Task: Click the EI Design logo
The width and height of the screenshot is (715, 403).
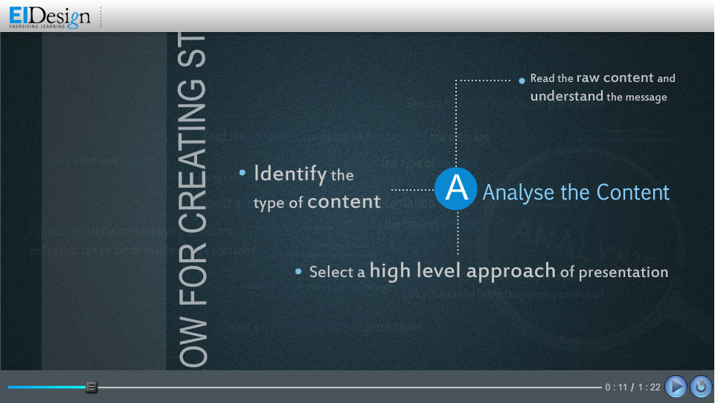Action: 50,16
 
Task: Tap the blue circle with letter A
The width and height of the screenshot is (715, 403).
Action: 456,188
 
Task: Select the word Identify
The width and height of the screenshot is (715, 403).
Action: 290,174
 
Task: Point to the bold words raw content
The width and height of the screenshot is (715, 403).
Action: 615,77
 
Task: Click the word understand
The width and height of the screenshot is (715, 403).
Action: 566,96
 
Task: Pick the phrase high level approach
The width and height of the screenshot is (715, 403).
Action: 462,270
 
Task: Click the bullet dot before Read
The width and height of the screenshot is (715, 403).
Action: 522,79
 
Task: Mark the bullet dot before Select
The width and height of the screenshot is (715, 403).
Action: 298,272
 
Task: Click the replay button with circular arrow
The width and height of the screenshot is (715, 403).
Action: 701,386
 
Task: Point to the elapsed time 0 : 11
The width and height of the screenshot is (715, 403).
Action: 617,387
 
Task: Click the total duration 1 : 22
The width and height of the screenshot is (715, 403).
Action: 649,387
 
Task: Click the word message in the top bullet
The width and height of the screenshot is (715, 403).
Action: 647,97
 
